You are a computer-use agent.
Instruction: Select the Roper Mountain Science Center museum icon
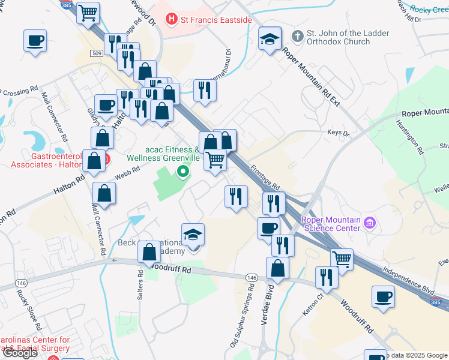coord(370,224)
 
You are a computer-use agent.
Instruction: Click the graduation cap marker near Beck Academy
coord(193,235)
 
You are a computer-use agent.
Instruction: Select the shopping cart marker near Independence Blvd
coord(342,259)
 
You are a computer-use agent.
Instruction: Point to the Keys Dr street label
coord(338,133)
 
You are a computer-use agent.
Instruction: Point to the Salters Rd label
coord(140,283)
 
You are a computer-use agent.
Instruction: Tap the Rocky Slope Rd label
coord(29,311)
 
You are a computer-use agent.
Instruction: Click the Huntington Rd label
coord(409,137)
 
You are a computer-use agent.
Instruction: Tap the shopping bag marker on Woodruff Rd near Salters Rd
coord(149,253)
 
